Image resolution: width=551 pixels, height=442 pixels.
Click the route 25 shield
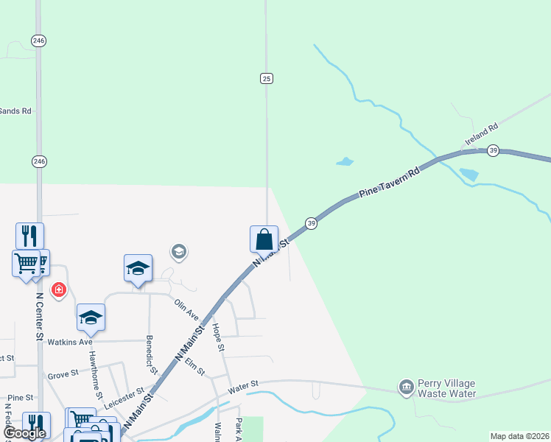pyautogui.click(x=267, y=78)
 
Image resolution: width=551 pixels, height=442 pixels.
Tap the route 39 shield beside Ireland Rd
pyautogui.click(x=494, y=150)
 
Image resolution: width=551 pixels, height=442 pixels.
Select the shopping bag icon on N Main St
pyautogui.click(x=264, y=239)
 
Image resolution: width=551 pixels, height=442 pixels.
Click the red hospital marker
pyautogui.click(x=58, y=290)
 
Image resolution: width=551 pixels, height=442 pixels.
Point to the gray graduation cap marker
pyautogui.click(x=178, y=253)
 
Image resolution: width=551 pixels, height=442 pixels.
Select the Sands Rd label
pyautogui.click(x=15, y=111)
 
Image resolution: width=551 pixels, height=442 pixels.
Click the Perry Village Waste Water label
pyautogui.click(x=446, y=388)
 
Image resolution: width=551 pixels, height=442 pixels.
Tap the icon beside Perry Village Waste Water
pyautogui.click(x=406, y=387)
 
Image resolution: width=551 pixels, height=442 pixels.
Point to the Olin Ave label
pyautogui.click(x=187, y=309)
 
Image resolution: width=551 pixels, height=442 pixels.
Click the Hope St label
pyautogui.click(x=217, y=336)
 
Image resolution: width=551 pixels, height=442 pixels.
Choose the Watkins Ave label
pyautogui.click(x=70, y=342)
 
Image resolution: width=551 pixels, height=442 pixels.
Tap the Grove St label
pyautogui.click(x=63, y=375)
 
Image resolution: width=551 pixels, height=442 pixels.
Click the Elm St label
pyautogui.click(x=195, y=366)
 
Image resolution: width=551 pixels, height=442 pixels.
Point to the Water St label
pyautogui.click(x=243, y=385)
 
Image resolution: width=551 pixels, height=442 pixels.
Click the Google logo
pyautogui.click(x=24, y=433)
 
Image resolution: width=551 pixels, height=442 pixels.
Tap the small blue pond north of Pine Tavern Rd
pyautogui.click(x=344, y=161)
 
